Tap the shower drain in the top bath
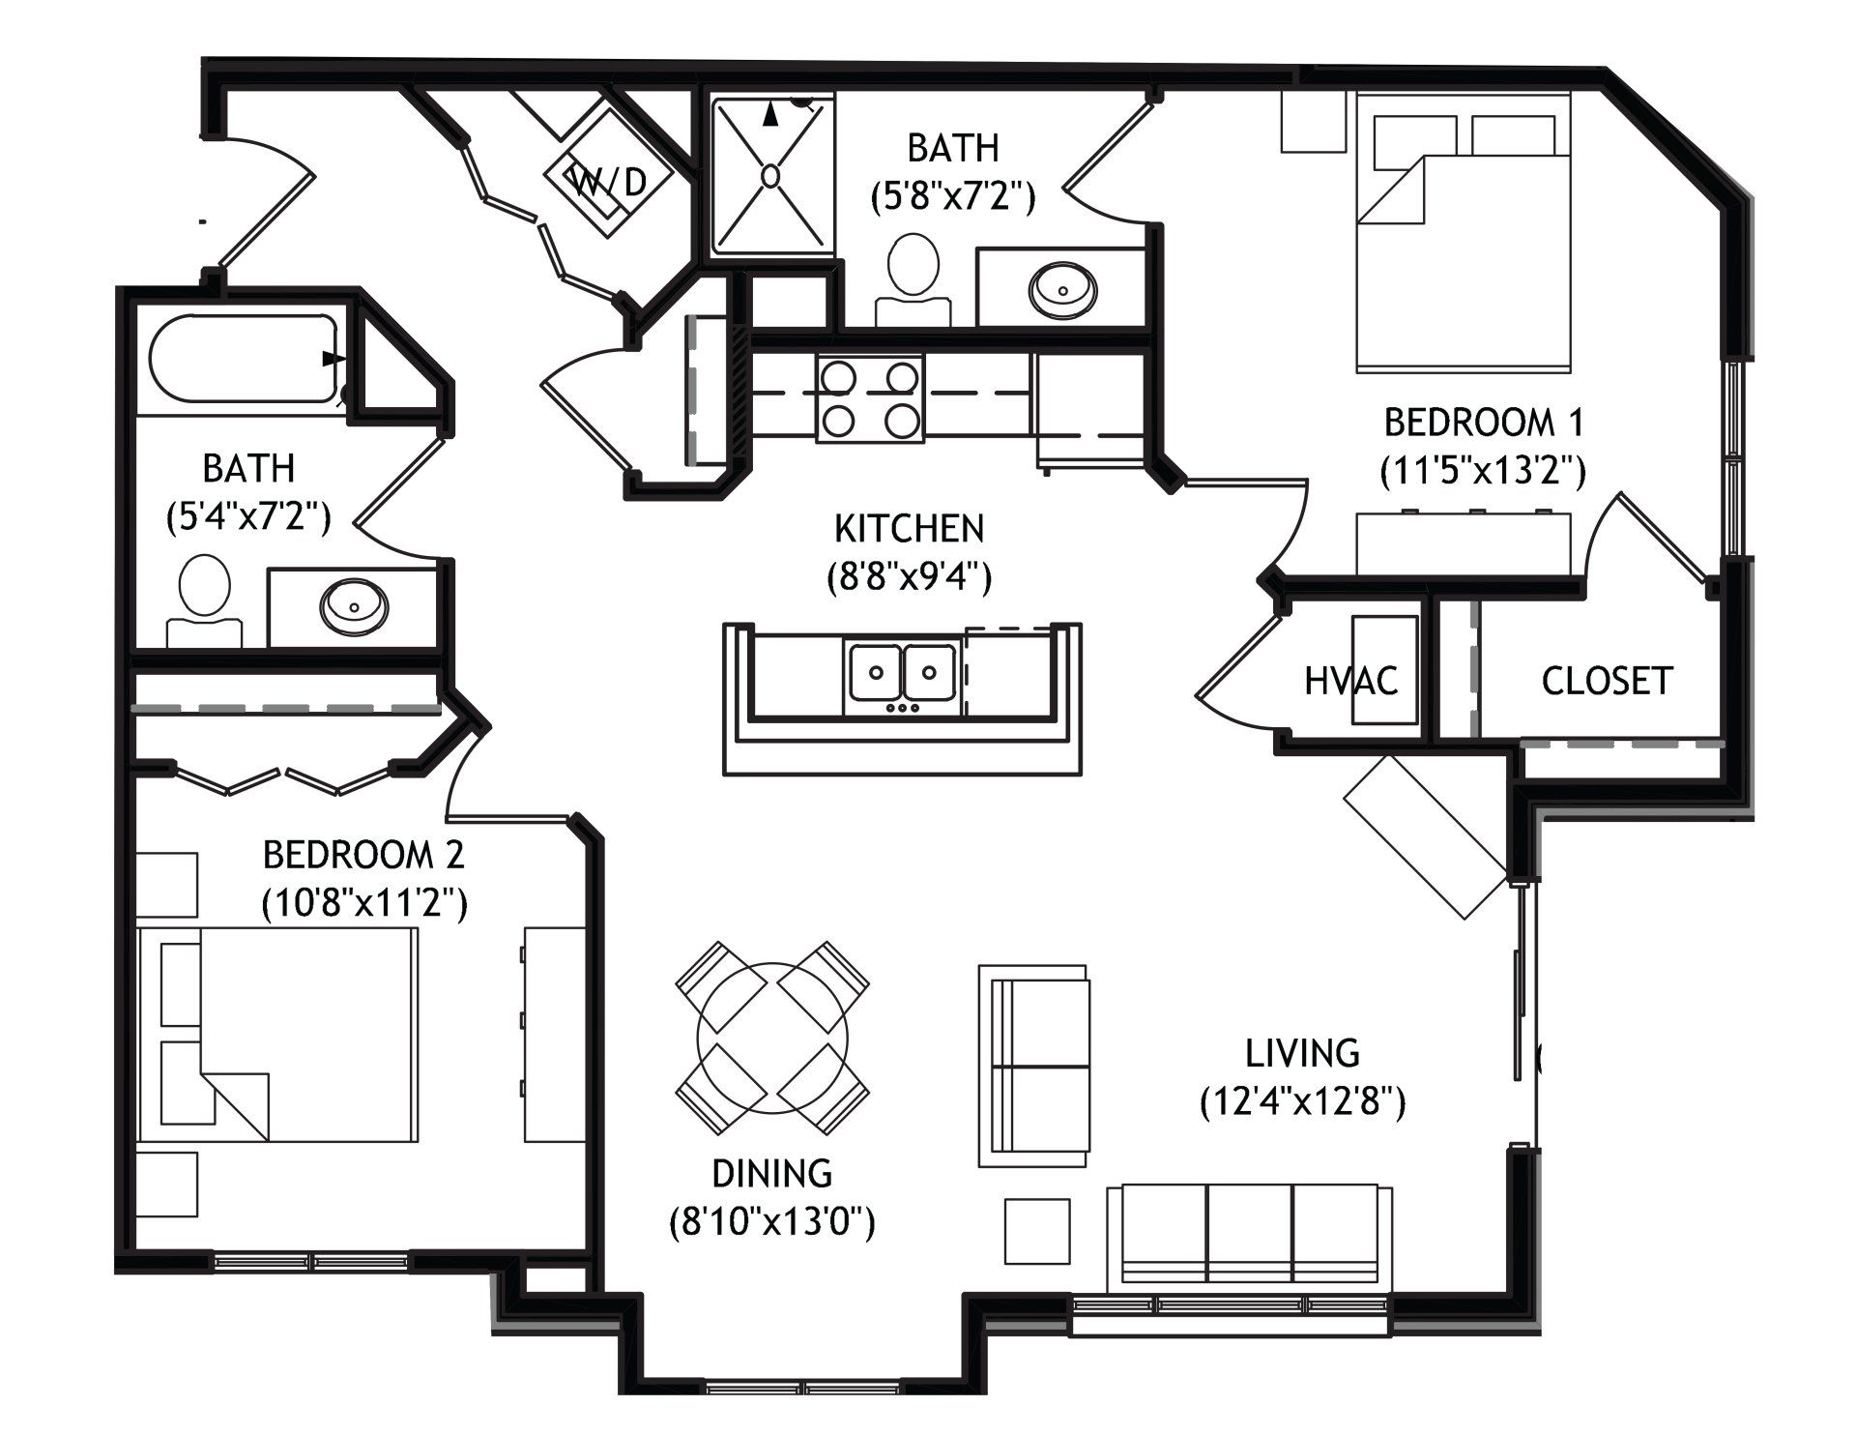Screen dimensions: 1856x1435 [770, 176]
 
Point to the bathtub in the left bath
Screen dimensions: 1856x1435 [243, 359]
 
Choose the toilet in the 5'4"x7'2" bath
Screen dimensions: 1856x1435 [204, 600]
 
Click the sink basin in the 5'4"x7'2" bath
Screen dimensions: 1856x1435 [355, 606]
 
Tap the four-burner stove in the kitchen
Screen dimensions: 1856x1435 [870, 398]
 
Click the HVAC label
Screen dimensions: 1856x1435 [1350, 681]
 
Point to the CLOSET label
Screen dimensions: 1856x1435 [1607, 681]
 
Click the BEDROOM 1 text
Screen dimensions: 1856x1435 [1484, 423]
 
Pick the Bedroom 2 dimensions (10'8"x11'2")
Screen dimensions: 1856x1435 [364, 904]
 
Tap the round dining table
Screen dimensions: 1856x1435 [772, 1038]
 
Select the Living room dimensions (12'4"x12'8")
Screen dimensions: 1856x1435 [1302, 1102]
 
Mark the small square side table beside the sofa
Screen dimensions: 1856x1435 [1037, 1231]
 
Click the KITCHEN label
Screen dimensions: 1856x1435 [909, 529]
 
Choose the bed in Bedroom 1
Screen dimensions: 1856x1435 [1464, 232]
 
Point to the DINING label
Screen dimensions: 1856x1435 [771, 1173]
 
